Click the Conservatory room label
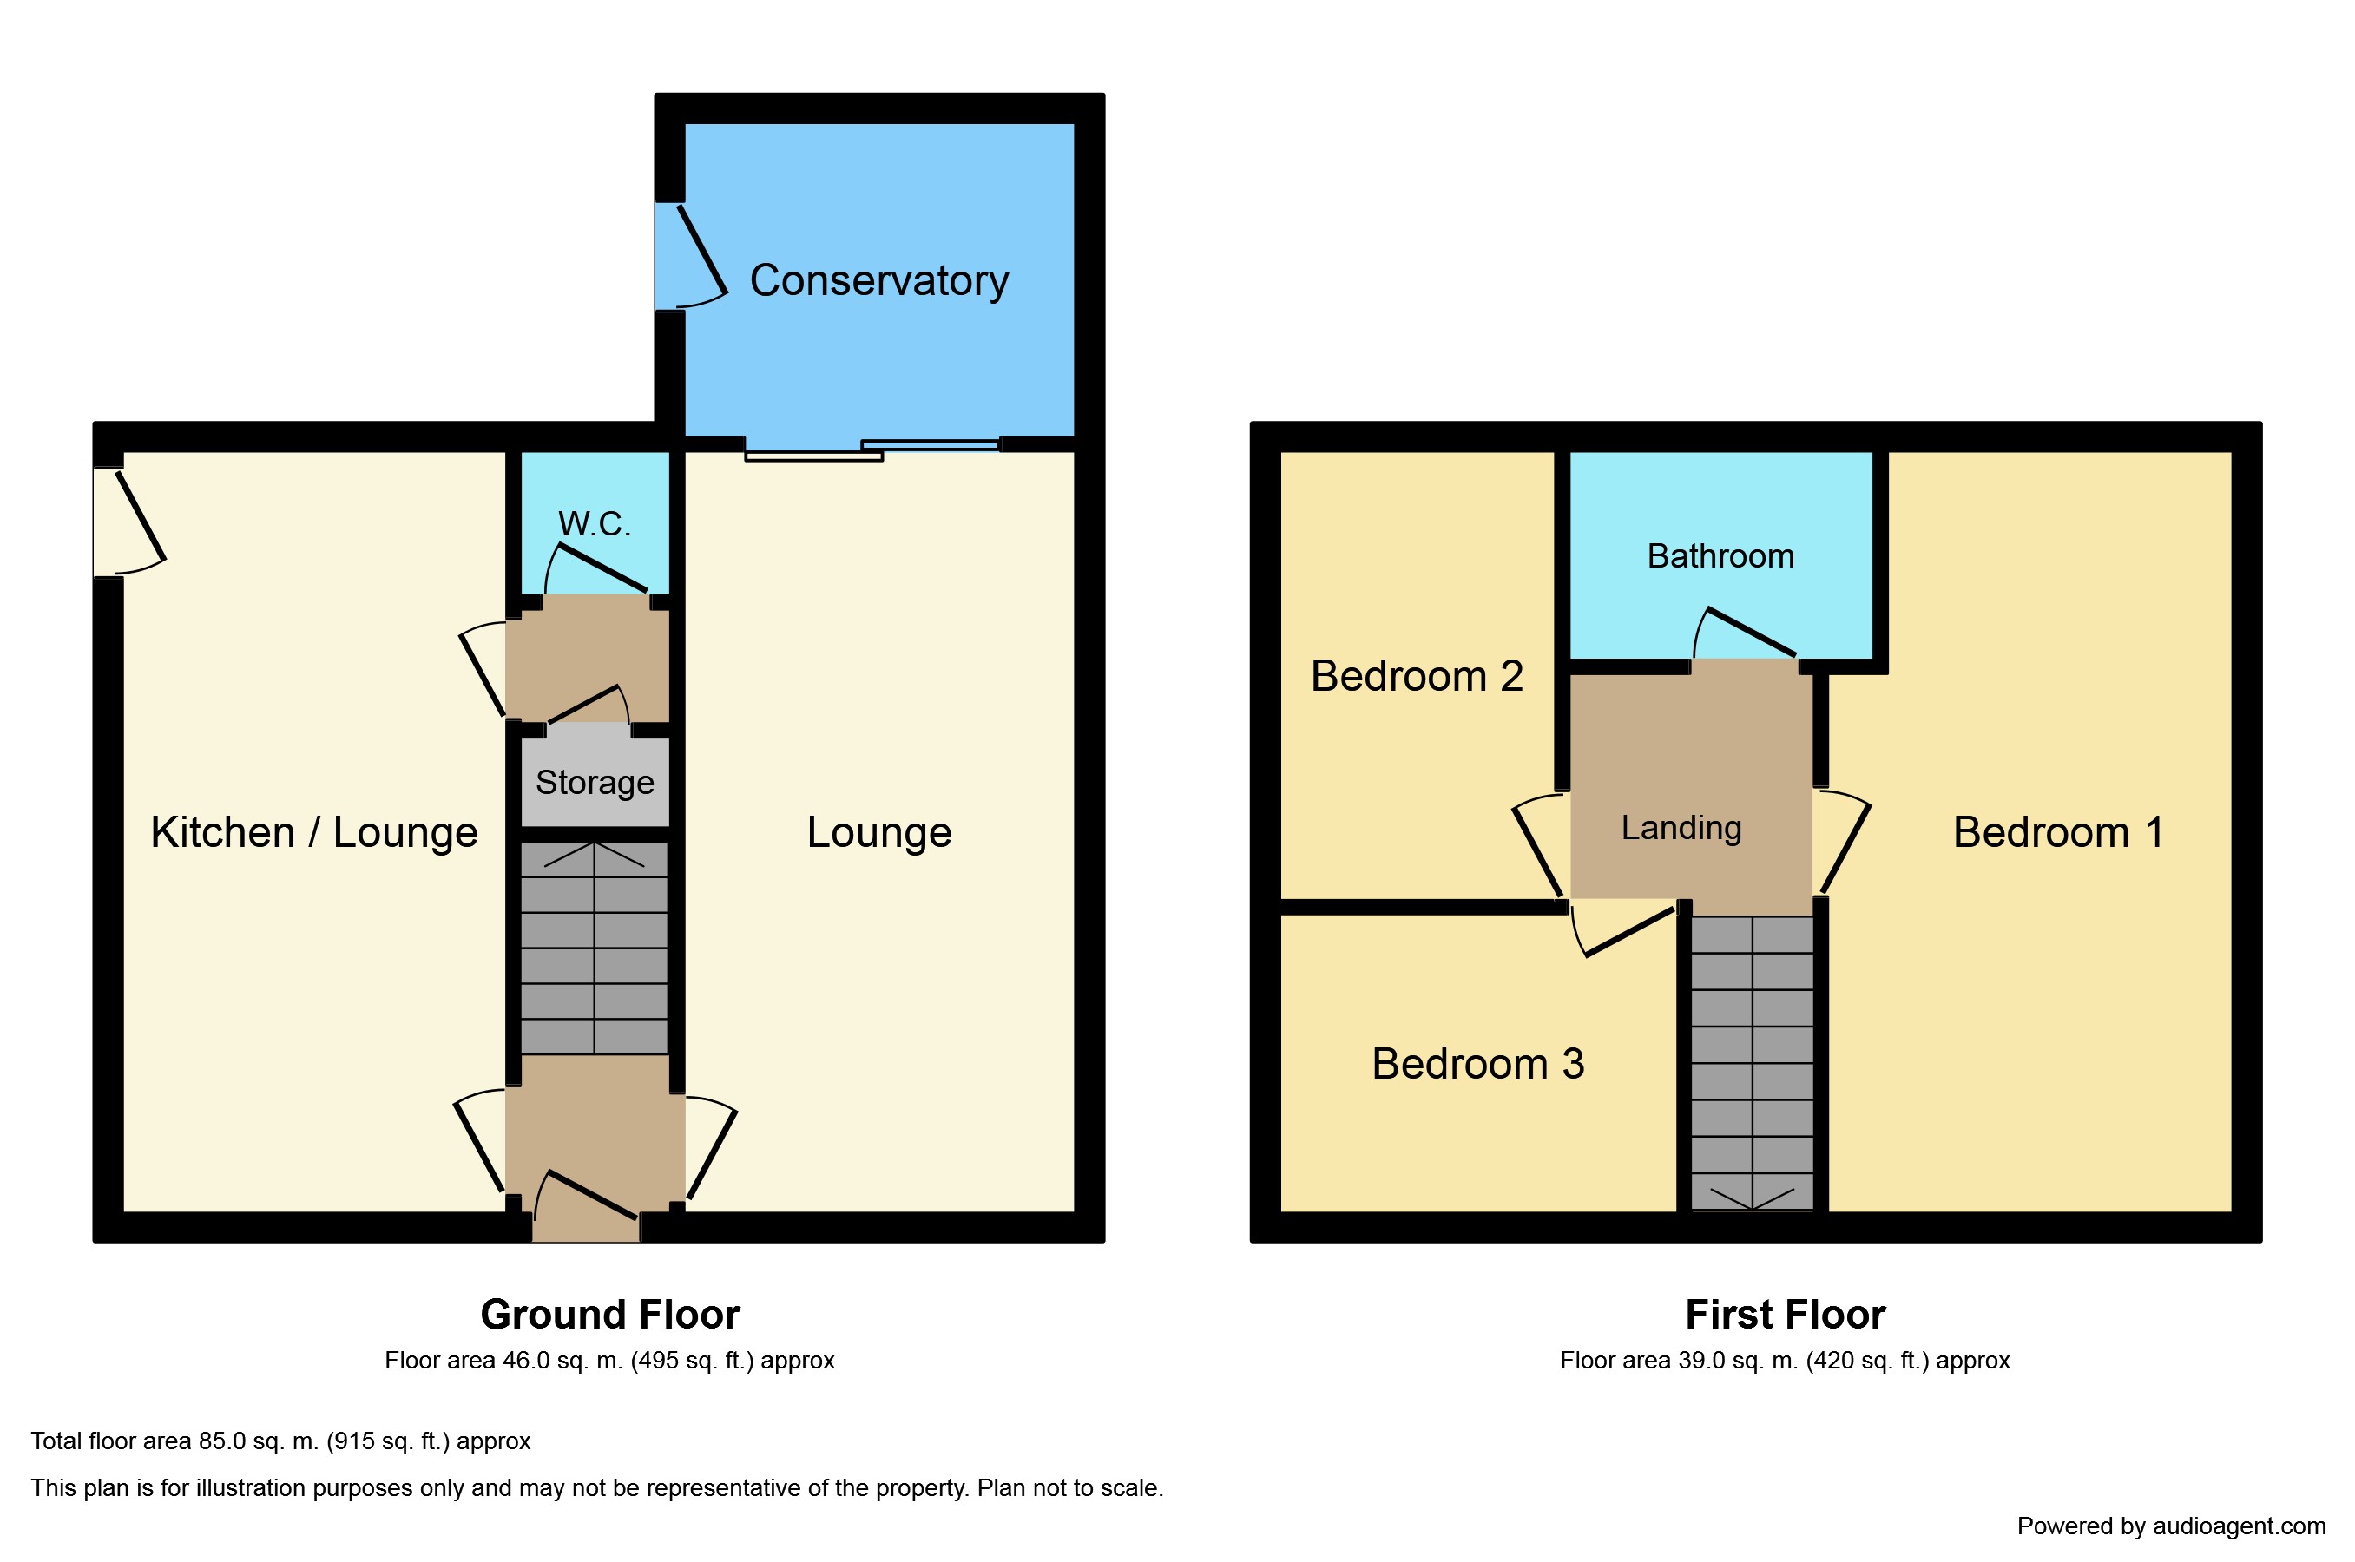[x=878, y=281]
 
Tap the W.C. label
[x=594, y=524]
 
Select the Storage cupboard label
[x=595, y=783]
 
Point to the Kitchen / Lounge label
[x=314, y=833]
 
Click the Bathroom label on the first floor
[x=1720, y=556]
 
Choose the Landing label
[x=1681, y=828]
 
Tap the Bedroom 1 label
[x=2058, y=833]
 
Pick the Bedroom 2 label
[x=1417, y=676]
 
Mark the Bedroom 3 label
[x=1477, y=1064]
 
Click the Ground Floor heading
[x=609, y=1315]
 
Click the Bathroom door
[x=1746, y=632]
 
